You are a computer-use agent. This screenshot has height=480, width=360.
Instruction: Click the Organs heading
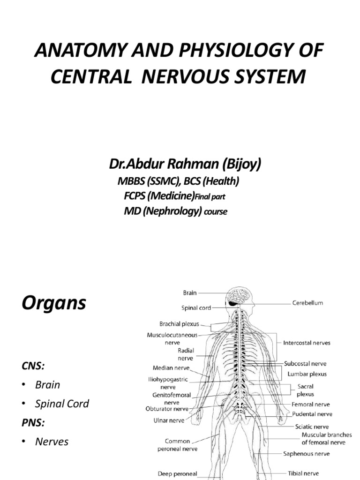[x=54, y=303]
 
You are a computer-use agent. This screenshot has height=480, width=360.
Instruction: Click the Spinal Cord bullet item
[x=62, y=404]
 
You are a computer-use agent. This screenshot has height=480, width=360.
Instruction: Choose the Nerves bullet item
[x=52, y=442]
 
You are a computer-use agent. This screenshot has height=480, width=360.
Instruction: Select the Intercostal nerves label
[x=307, y=343]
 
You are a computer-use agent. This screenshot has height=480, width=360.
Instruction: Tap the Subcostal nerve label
[x=305, y=363]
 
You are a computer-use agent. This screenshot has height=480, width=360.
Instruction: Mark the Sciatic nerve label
[x=312, y=427]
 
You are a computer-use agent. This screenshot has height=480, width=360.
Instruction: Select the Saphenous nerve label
[x=306, y=454]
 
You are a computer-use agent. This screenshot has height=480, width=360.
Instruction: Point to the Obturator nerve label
[x=166, y=409]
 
